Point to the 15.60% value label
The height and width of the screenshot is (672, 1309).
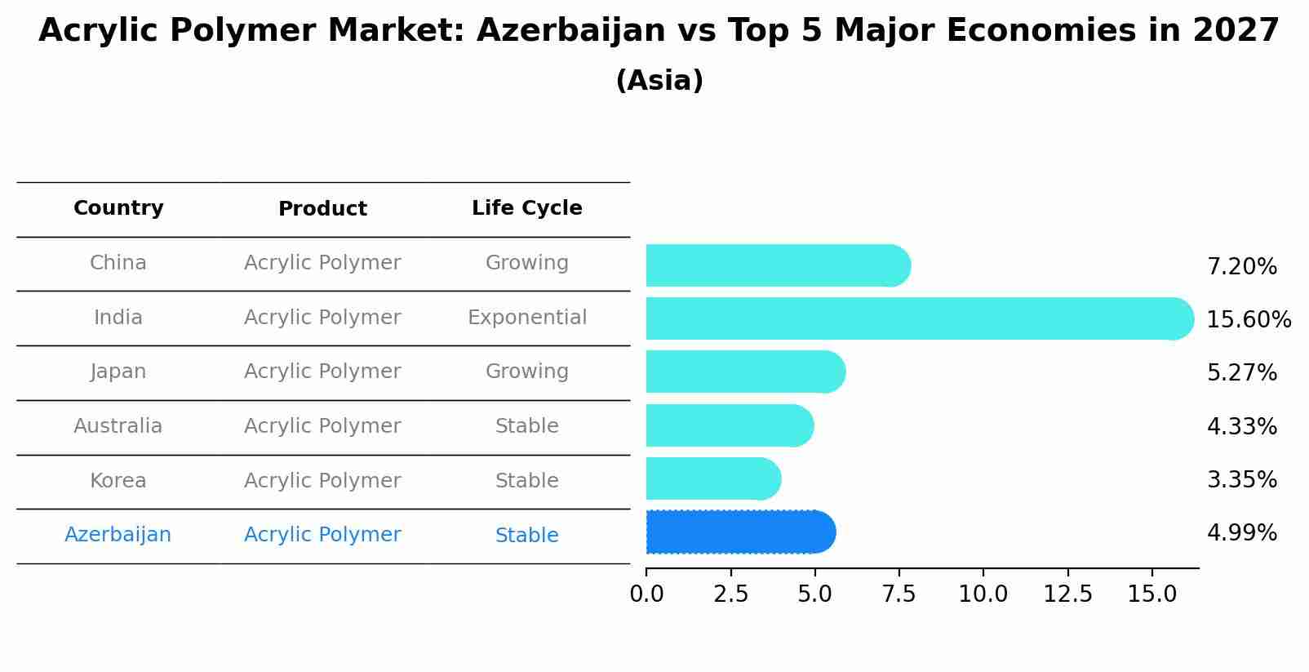click(1249, 319)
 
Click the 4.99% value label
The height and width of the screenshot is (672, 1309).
click(1241, 533)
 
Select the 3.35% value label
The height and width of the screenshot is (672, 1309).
click(1241, 479)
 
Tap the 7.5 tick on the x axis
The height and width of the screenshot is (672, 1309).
click(899, 594)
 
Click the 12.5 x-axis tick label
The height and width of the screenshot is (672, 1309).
click(1067, 594)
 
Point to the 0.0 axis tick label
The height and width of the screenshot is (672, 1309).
click(646, 594)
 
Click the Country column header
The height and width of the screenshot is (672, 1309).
click(118, 208)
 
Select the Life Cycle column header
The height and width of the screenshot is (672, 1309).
click(526, 208)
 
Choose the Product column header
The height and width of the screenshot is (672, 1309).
click(322, 209)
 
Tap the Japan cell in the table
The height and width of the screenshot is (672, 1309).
click(118, 372)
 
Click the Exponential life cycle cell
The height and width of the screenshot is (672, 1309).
click(526, 318)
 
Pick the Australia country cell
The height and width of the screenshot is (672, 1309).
click(118, 426)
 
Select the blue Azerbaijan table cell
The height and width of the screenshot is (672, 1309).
click(118, 535)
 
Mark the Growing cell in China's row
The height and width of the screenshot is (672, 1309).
click(526, 263)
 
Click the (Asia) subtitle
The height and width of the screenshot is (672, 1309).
click(659, 81)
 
